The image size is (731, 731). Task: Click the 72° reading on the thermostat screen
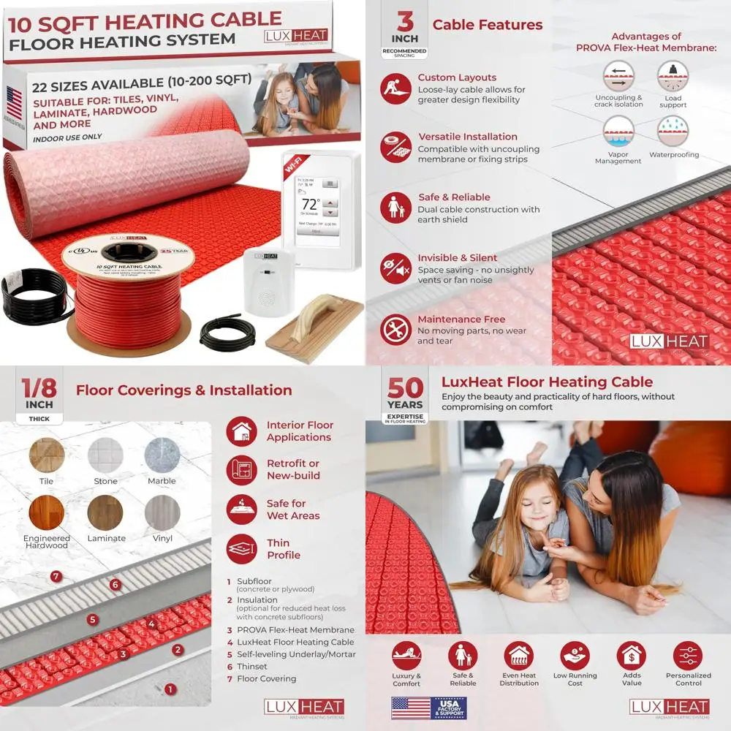point(311,204)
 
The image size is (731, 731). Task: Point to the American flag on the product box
point(14,102)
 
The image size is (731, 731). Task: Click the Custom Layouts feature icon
point(395,88)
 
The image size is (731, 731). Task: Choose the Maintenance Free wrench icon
point(395,330)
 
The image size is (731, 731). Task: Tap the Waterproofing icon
point(673,132)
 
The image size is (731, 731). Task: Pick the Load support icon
point(673,76)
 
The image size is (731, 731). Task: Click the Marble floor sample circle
point(162,455)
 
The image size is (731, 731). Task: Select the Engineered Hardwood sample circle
point(47,513)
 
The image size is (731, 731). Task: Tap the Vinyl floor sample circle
point(162,513)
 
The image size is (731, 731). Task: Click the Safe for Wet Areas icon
point(242,510)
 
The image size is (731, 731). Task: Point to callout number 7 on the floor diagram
point(56,577)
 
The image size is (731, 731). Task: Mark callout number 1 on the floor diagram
point(170,689)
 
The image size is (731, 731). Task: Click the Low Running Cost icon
point(575,656)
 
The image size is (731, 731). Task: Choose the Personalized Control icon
point(688,656)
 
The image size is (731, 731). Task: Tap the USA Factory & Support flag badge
point(428,708)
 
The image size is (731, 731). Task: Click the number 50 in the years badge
point(405,388)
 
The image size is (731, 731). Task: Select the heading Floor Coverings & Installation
point(183,390)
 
